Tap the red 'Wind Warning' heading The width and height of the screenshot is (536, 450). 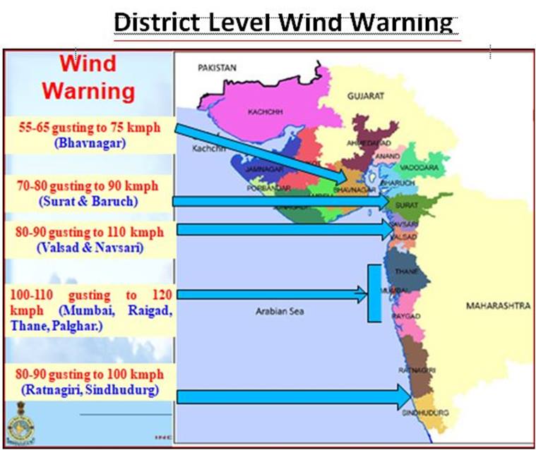tap(87, 77)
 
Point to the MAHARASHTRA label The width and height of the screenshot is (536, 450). tap(497, 306)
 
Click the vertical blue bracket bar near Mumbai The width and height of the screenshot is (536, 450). tap(374, 293)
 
